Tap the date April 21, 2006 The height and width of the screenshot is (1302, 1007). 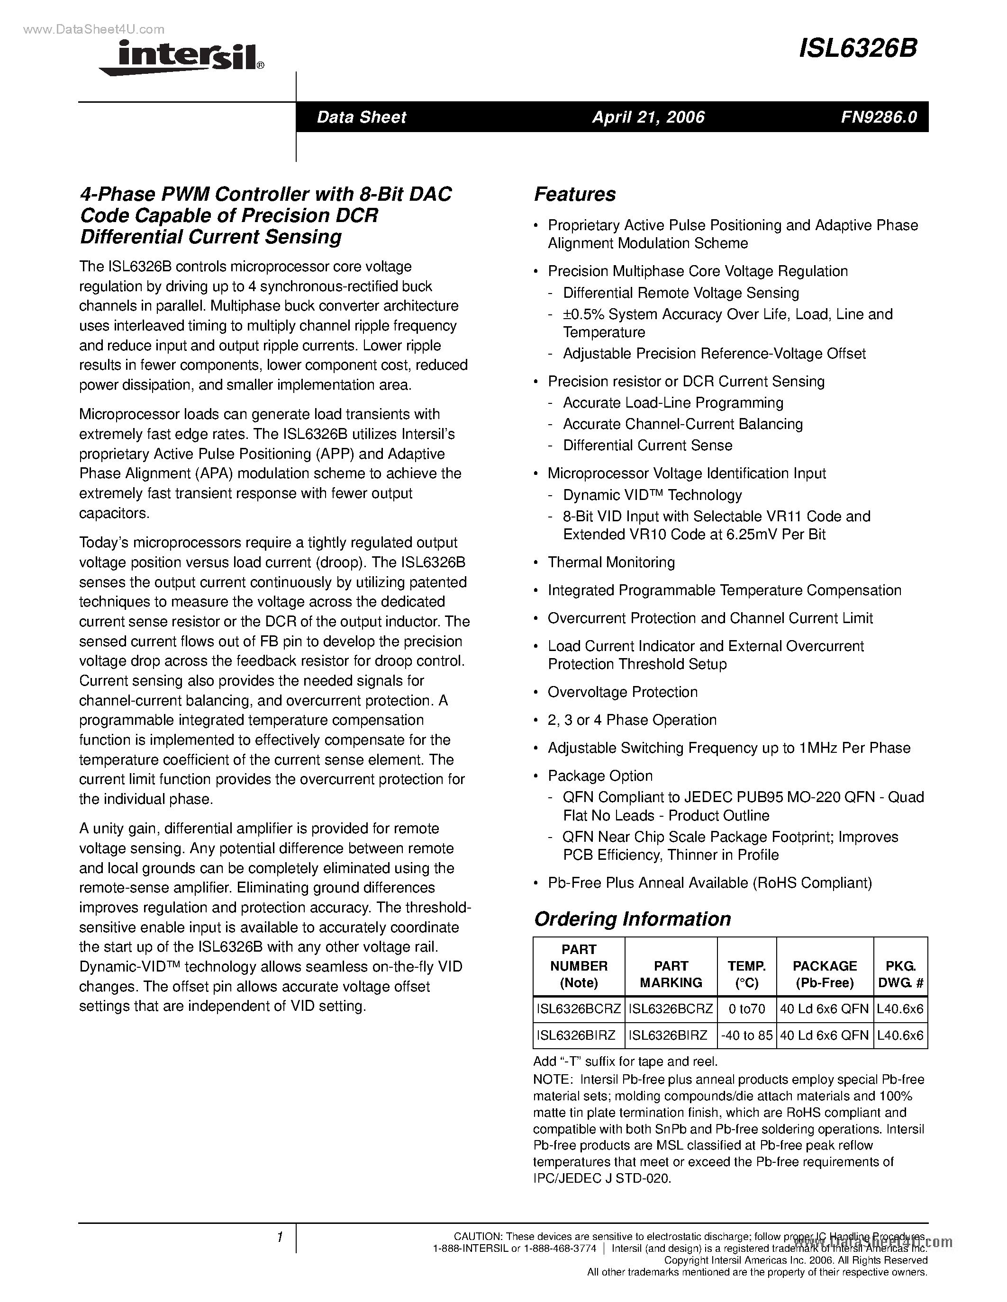click(x=648, y=117)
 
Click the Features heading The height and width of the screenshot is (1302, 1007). click(x=574, y=194)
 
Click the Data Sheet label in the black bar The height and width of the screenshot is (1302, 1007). click(x=361, y=117)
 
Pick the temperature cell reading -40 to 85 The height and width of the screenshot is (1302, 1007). click(x=746, y=1035)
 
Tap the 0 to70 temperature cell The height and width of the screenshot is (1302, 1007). click(x=746, y=1008)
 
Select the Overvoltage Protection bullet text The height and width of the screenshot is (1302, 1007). click(x=622, y=692)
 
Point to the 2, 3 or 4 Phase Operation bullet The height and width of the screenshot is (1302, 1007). click(x=632, y=720)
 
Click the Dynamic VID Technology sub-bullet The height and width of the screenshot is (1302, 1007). click(x=652, y=495)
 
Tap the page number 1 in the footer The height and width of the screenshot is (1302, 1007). click(x=279, y=1238)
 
